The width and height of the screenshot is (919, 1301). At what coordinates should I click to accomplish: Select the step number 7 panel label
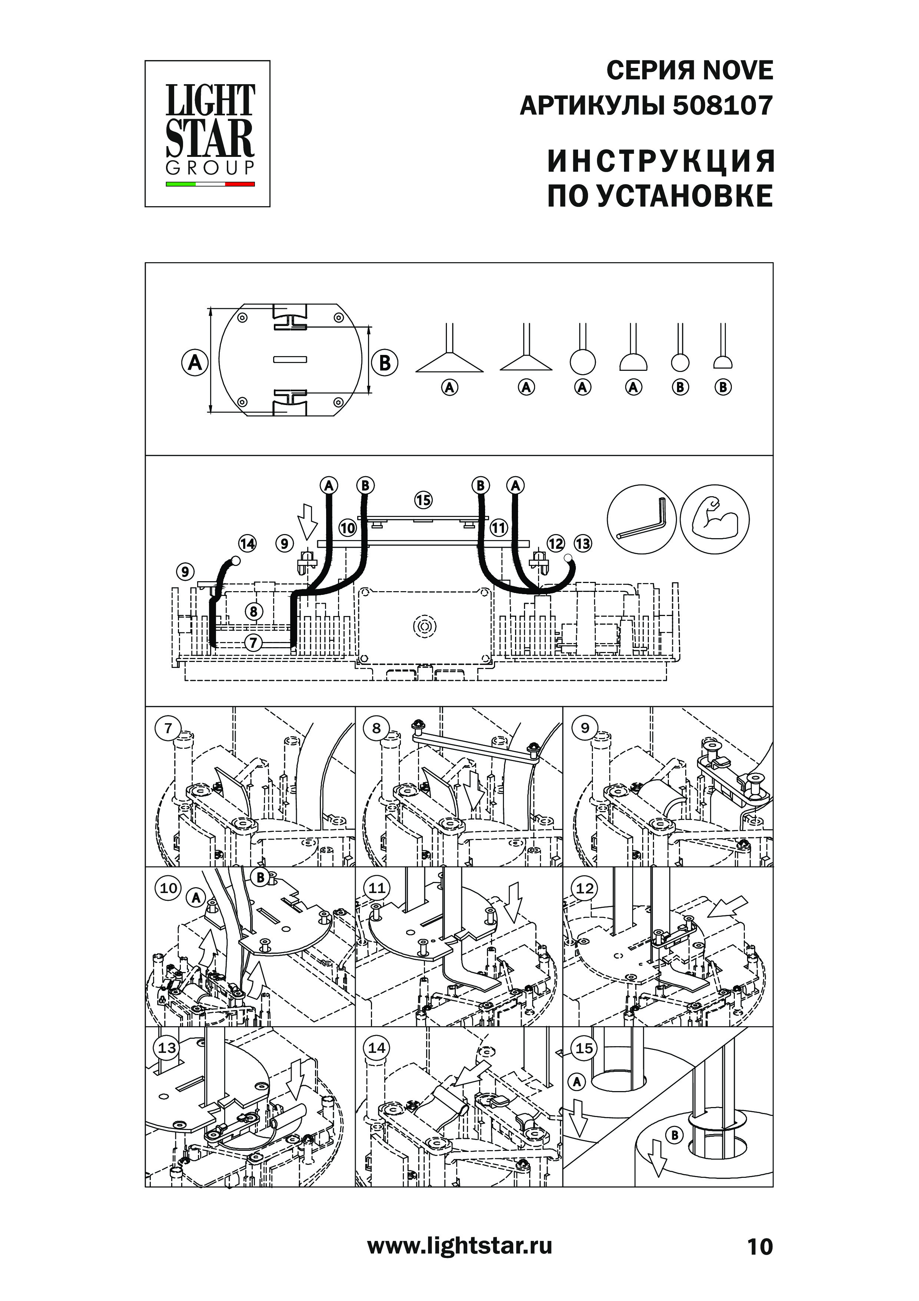168,728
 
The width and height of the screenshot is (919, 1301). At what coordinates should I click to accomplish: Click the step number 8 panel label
376,728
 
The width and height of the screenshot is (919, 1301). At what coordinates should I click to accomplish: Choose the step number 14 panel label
376,1048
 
